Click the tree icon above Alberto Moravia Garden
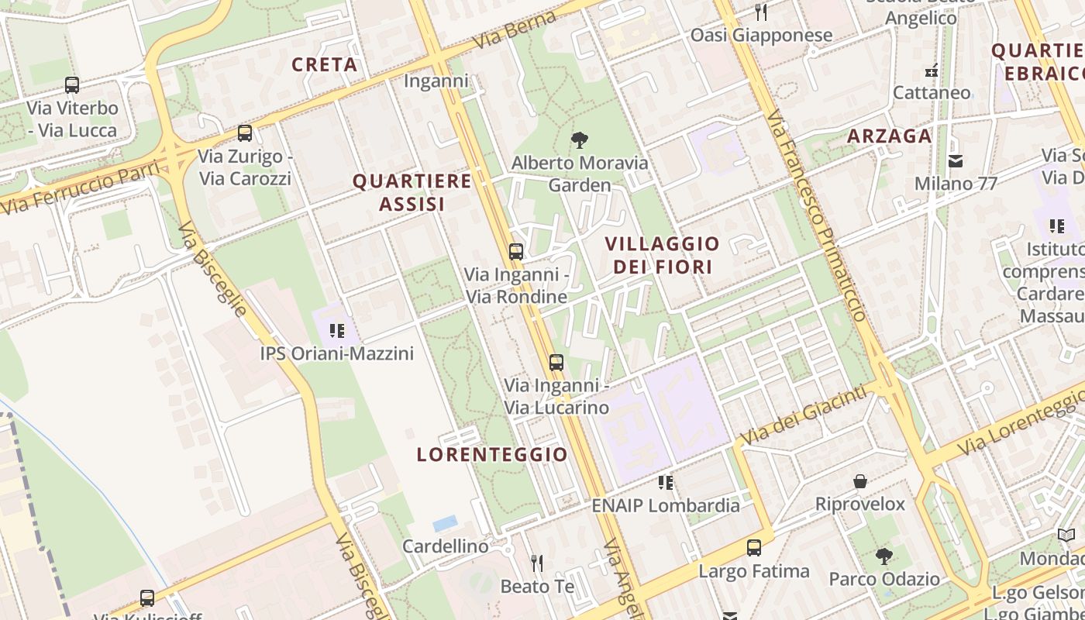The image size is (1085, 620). pyautogui.click(x=578, y=140)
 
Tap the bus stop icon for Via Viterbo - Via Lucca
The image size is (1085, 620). pyautogui.click(x=72, y=85)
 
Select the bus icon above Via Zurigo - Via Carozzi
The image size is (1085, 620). pyautogui.click(x=245, y=133)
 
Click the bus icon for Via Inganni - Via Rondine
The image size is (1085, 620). pyautogui.click(x=516, y=252)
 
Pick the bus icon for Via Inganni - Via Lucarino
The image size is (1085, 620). pyautogui.click(x=556, y=363)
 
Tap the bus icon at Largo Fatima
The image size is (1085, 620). pyautogui.click(x=753, y=549)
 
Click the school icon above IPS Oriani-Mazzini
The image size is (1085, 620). pyautogui.click(x=336, y=331)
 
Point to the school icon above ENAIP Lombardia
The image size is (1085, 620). pyautogui.click(x=665, y=483)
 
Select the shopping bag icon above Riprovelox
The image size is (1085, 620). pyautogui.click(x=859, y=481)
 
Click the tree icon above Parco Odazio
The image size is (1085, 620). pyautogui.click(x=883, y=556)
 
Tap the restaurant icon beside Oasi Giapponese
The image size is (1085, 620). pyautogui.click(x=761, y=12)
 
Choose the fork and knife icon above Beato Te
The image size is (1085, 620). pyautogui.click(x=537, y=563)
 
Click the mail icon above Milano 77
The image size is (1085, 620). pyautogui.click(x=956, y=161)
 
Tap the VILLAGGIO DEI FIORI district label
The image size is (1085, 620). pyautogui.click(x=662, y=255)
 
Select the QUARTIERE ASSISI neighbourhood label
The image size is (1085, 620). pyautogui.click(x=412, y=192)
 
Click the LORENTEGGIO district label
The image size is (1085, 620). pyautogui.click(x=492, y=454)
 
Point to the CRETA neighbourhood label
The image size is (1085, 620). pyautogui.click(x=324, y=64)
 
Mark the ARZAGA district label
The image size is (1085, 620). pyautogui.click(x=889, y=136)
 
